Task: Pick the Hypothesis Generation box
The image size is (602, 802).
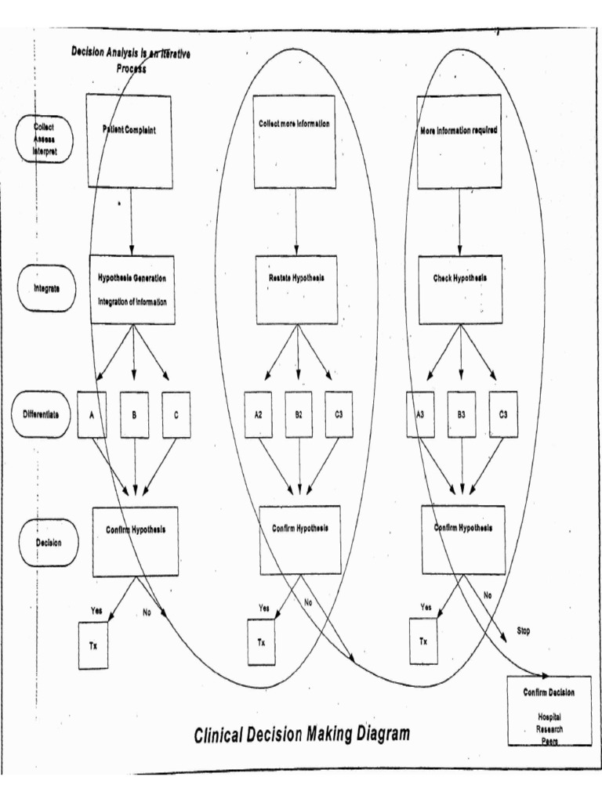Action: (132, 289)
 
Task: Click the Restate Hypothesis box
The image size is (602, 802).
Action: (298, 289)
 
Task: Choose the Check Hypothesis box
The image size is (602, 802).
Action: (460, 289)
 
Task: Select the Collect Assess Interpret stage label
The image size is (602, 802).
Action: (44, 133)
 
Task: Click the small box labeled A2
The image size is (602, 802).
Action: (258, 414)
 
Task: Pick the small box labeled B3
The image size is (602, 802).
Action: (461, 414)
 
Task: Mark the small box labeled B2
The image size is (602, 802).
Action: (299, 414)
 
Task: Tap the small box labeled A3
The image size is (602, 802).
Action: (420, 414)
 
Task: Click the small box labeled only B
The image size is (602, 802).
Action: (135, 414)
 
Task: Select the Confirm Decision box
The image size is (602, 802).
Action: (549, 710)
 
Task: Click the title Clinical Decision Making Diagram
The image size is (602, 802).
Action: (301, 734)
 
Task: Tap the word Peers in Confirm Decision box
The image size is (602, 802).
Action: (549, 740)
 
